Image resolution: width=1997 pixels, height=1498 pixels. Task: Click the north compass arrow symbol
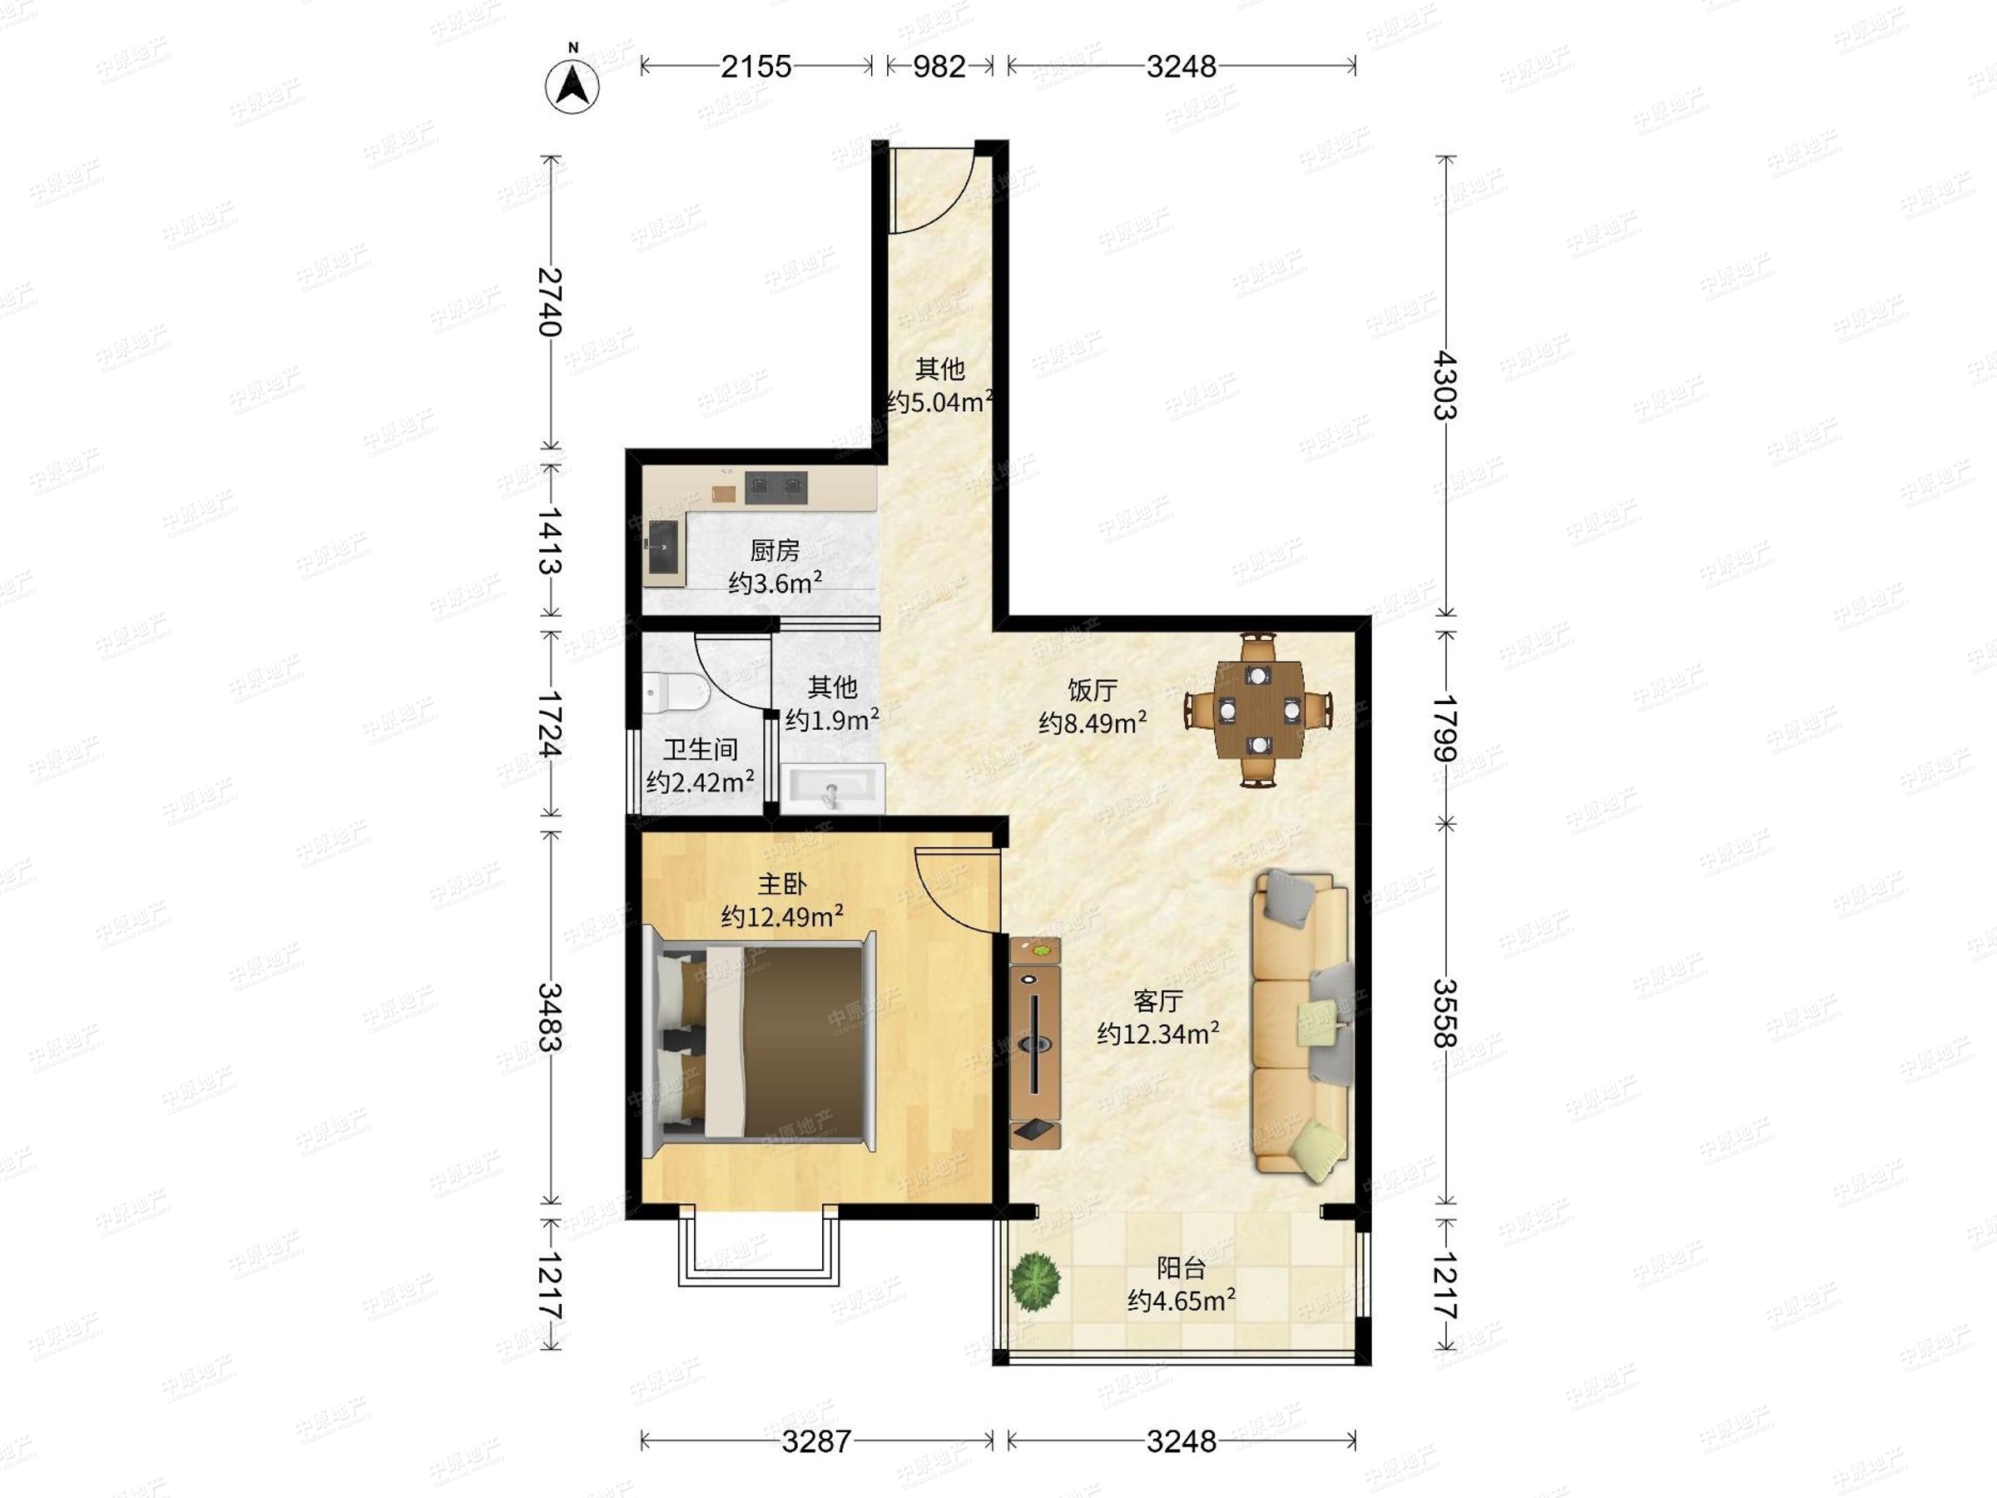coord(572,86)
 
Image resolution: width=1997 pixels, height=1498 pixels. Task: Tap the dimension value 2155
coord(756,66)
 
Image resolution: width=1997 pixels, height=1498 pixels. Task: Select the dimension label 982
coord(939,66)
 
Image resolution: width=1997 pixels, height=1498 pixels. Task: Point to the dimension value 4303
coord(1445,385)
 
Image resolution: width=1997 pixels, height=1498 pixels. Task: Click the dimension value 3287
coord(816,1442)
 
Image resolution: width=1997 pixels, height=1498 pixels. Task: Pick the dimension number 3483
coord(550,1018)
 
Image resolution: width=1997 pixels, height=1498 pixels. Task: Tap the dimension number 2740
coord(550,301)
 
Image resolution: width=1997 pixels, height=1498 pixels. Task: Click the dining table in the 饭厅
coord(1258,710)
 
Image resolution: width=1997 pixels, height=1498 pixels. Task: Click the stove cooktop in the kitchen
coord(776,487)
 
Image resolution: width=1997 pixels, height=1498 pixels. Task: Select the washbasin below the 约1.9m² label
coord(832,788)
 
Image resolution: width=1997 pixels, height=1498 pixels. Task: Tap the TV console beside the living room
coord(1034,1043)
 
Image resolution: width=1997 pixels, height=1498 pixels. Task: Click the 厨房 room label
coord(775,550)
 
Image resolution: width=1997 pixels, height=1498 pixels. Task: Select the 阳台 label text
coord(1181,1267)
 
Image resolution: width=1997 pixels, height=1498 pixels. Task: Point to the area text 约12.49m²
coord(782,916)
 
